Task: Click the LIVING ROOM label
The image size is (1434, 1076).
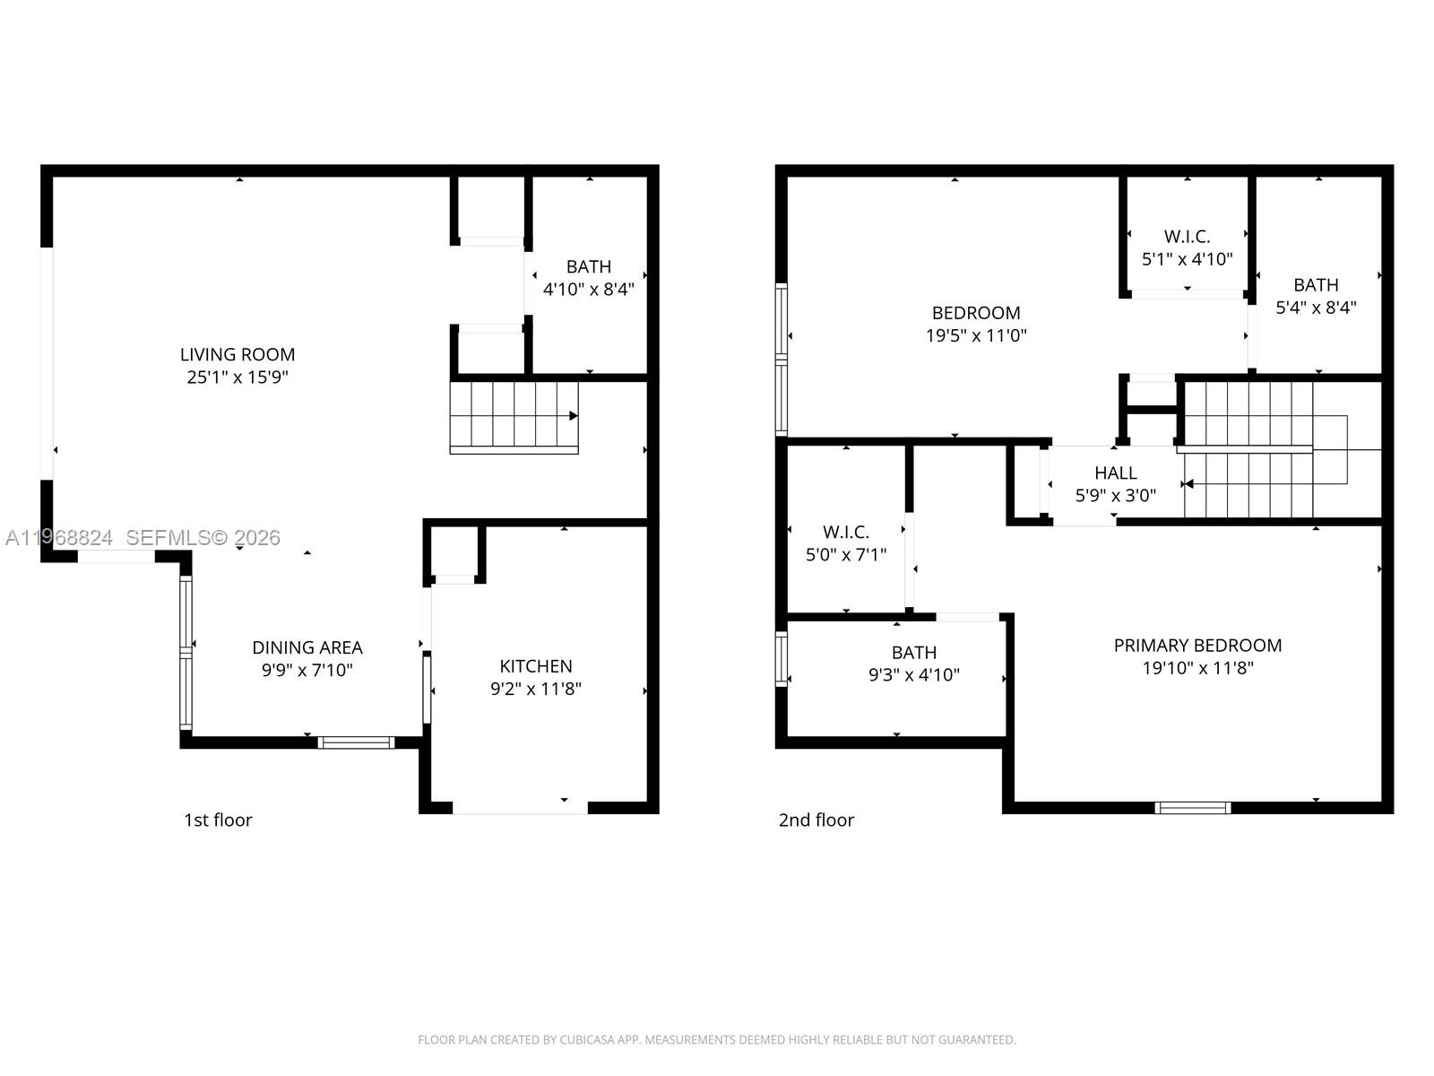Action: point(238,355)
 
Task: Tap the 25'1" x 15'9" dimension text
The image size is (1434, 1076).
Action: point(238,377)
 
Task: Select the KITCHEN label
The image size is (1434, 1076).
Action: point(536,666)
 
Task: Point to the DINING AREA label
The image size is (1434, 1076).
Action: point(307,647)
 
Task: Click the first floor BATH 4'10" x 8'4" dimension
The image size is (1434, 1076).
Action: point(589,290)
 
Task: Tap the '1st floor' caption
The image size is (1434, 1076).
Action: point(218,820)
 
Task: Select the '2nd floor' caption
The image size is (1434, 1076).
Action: point(816,820)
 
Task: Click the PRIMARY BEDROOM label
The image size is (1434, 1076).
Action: point(1197,646)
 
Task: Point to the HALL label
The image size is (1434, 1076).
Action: point(1115,473)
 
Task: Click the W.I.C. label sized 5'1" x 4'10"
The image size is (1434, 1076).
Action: point(1187,237)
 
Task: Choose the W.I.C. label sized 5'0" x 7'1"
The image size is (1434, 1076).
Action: point(846,533)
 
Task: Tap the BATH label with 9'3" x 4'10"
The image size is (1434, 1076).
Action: point(913,653)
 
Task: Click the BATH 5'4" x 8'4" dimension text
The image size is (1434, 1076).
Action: point(1316,308)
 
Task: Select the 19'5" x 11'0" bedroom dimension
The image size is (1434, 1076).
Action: point(976,336)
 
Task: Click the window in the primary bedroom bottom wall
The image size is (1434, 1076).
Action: point(1192,808)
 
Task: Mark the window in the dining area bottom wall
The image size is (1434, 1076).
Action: point(357,742)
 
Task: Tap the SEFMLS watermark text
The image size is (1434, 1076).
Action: point(203,538)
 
